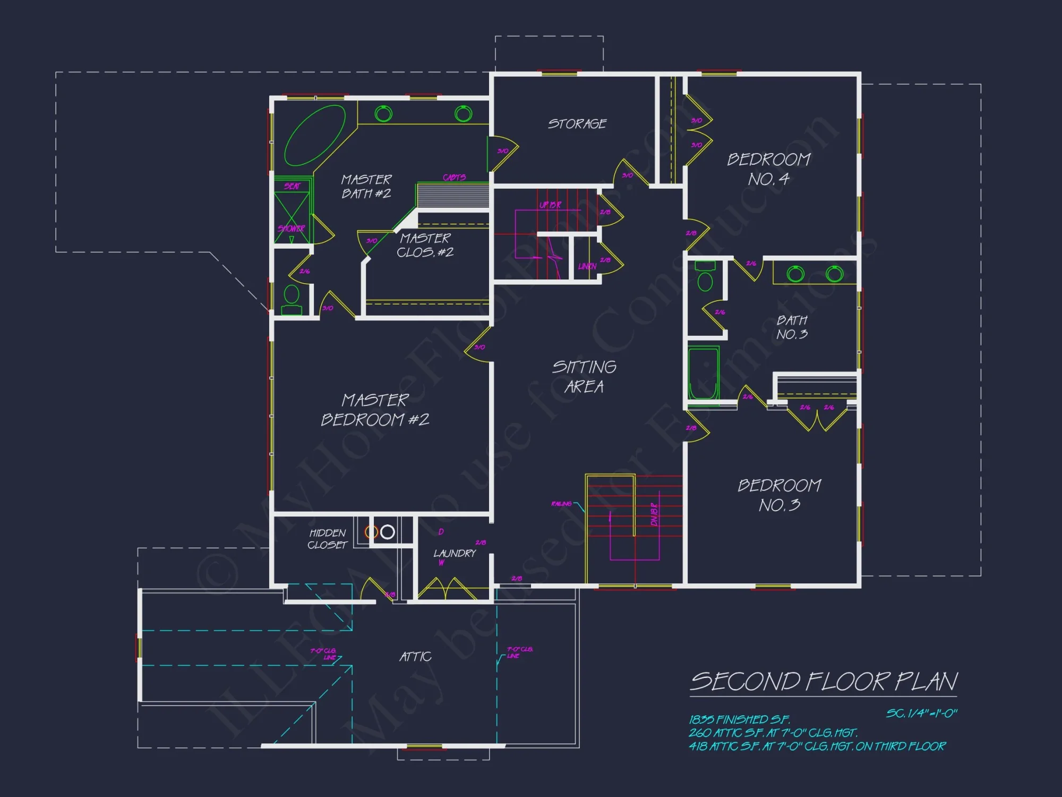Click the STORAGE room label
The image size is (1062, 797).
point(577,124)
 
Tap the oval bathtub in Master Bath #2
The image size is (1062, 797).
point(315,135)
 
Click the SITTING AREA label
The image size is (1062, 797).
point(584,377)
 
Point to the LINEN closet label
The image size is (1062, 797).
point(587,266)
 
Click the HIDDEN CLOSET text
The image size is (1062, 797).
point(328,539)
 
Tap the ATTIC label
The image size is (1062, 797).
point(415,657)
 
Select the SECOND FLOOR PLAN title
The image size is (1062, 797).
point(824,682)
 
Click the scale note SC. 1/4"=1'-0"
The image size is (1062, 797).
point(921,714)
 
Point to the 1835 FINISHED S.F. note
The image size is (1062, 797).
point(739,720)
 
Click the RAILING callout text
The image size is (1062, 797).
point(561,504)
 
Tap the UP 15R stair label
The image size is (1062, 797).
point(550,205)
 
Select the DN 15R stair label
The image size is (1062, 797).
point(654,514)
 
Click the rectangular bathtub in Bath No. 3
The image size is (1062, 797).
point(704,373)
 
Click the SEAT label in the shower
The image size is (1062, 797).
point(292,186)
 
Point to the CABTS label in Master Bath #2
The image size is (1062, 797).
point(454,177)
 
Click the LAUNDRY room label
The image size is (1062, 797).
point(455,554)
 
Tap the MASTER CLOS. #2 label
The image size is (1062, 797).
point(425,245)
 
